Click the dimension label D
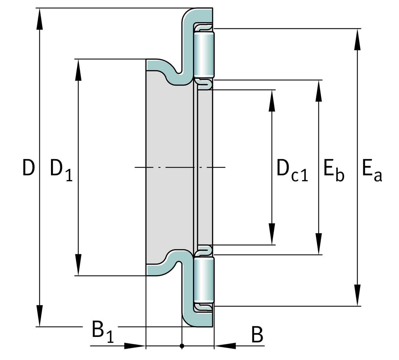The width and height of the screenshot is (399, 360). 28,168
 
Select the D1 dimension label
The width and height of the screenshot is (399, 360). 61,170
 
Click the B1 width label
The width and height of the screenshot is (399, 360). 102,331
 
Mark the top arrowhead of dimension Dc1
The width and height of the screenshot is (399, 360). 272,100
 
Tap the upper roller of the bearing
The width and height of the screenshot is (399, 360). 204,54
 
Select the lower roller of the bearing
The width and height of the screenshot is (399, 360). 204,280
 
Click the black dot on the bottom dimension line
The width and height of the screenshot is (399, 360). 182,346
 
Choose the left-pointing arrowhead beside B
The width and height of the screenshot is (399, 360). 225,346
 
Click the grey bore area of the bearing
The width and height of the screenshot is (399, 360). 169,168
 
